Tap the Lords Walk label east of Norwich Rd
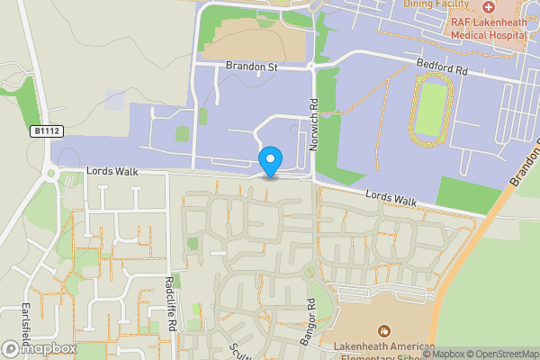(x=391, y=197)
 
